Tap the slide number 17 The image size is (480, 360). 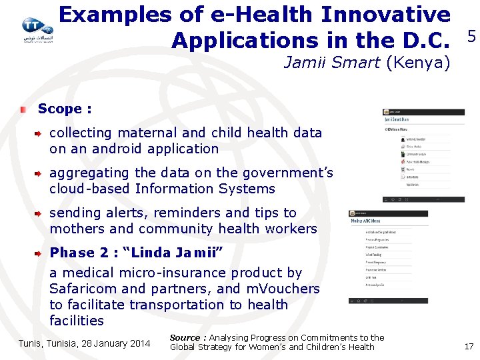pyautogui.click(x=469, y=346)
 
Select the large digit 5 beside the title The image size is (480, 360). pyautogui.click(x=471, y=37)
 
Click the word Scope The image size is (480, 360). pyautogui.click(x=59, y=109)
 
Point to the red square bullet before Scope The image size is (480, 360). pyautogui.click(x=23, y=109)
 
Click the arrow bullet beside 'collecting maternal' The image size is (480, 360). pyautogui.click(x=39, y=133)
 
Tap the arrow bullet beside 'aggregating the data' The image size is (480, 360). pyautogui.click(x=39, y=173)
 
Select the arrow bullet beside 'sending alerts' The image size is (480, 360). pyautogui.click(x=39, y=213)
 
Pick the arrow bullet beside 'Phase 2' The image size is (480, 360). pyautogui.click(x=39, y=253)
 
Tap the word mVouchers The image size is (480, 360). pyautogui.click(x=283, y=289)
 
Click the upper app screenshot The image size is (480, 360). pyautogui.click(x=423, y=155)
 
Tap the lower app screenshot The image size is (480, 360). pyautogui.click(x=388, y=257)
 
